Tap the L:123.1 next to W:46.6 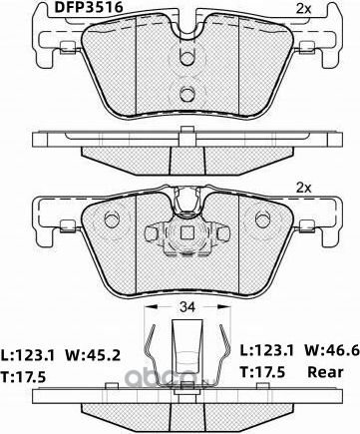(x=265, y=352)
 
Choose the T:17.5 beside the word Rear (x=264, y=375)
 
